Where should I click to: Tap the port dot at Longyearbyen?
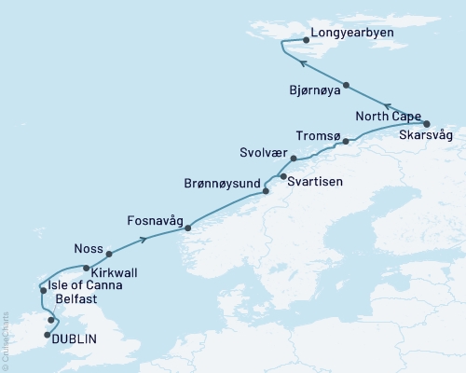307,40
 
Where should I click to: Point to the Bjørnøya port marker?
345,85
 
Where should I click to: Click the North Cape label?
387,117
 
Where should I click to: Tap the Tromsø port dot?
346,142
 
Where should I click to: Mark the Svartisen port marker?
282,175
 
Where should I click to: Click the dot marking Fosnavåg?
188,228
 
